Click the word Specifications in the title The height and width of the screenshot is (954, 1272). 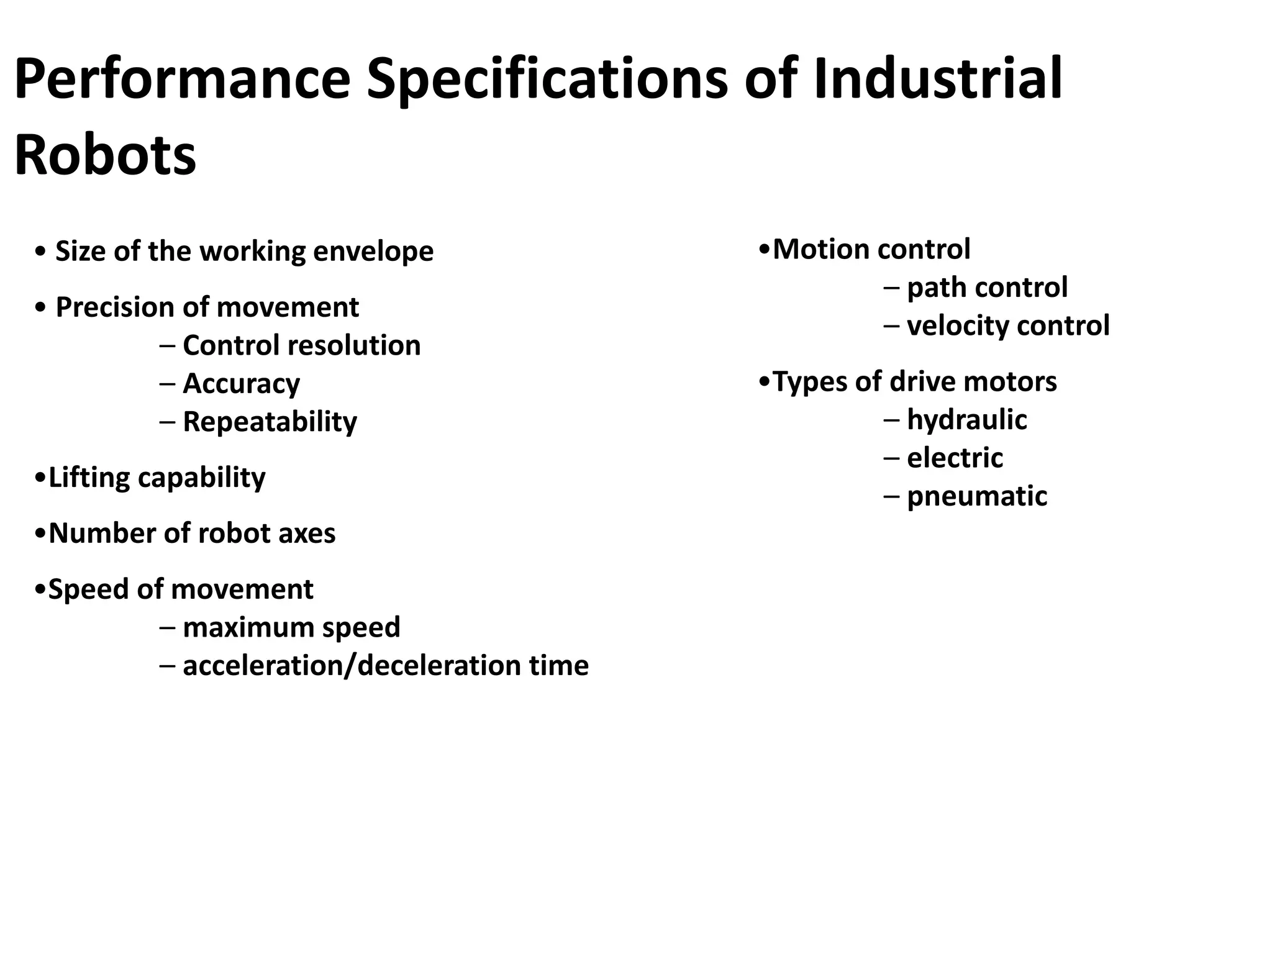pos(547,79)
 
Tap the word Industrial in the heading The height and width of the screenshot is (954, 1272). pos(937,79)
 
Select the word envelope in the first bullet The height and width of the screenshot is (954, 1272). pos(373,252)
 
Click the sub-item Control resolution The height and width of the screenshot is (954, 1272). pos(301,345)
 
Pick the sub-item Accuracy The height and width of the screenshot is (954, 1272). pos(241,384)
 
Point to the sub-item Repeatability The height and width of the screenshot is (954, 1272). pos(270,422)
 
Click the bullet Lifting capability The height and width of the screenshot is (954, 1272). pos(157,478)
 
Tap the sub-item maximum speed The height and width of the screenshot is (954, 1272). pos(291,627)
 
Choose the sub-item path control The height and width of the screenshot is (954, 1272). pos(987,288)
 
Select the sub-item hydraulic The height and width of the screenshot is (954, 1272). pos(966,420)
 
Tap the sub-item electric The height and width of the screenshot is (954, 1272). pos(955,458)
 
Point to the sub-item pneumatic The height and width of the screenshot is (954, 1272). pos(977,496)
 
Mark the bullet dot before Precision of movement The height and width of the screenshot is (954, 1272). pos(41,307)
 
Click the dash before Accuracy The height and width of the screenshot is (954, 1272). pos(167,384)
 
